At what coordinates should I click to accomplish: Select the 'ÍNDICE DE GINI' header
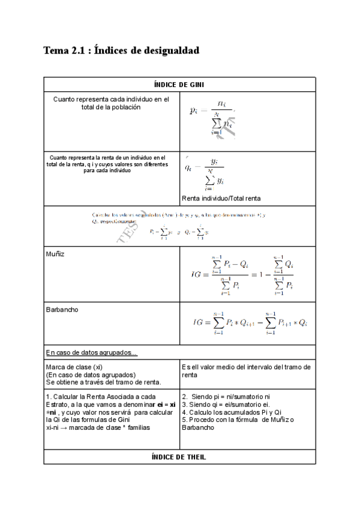click(x=179, y=85)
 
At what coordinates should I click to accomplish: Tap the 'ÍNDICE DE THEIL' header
click(x=179, y=457)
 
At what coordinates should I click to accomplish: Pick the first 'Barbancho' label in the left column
click(x=62, y=310)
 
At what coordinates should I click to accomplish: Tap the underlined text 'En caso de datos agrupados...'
click(x=91, y=352)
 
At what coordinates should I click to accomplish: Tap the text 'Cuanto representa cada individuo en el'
click(x=111, y=99)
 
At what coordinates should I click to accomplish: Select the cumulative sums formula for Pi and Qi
click(x=179, y=231)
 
